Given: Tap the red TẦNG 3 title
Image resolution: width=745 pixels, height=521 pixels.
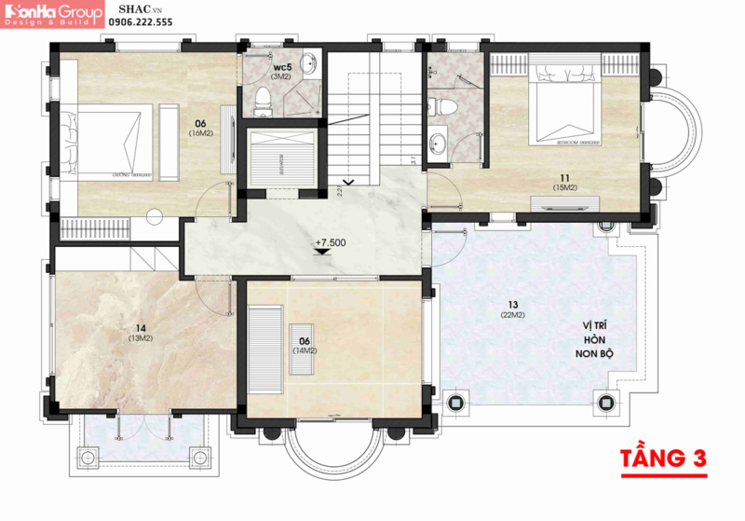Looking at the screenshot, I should [x=662, y=459].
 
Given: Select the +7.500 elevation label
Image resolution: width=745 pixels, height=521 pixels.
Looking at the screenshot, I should [x=330, y=244].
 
